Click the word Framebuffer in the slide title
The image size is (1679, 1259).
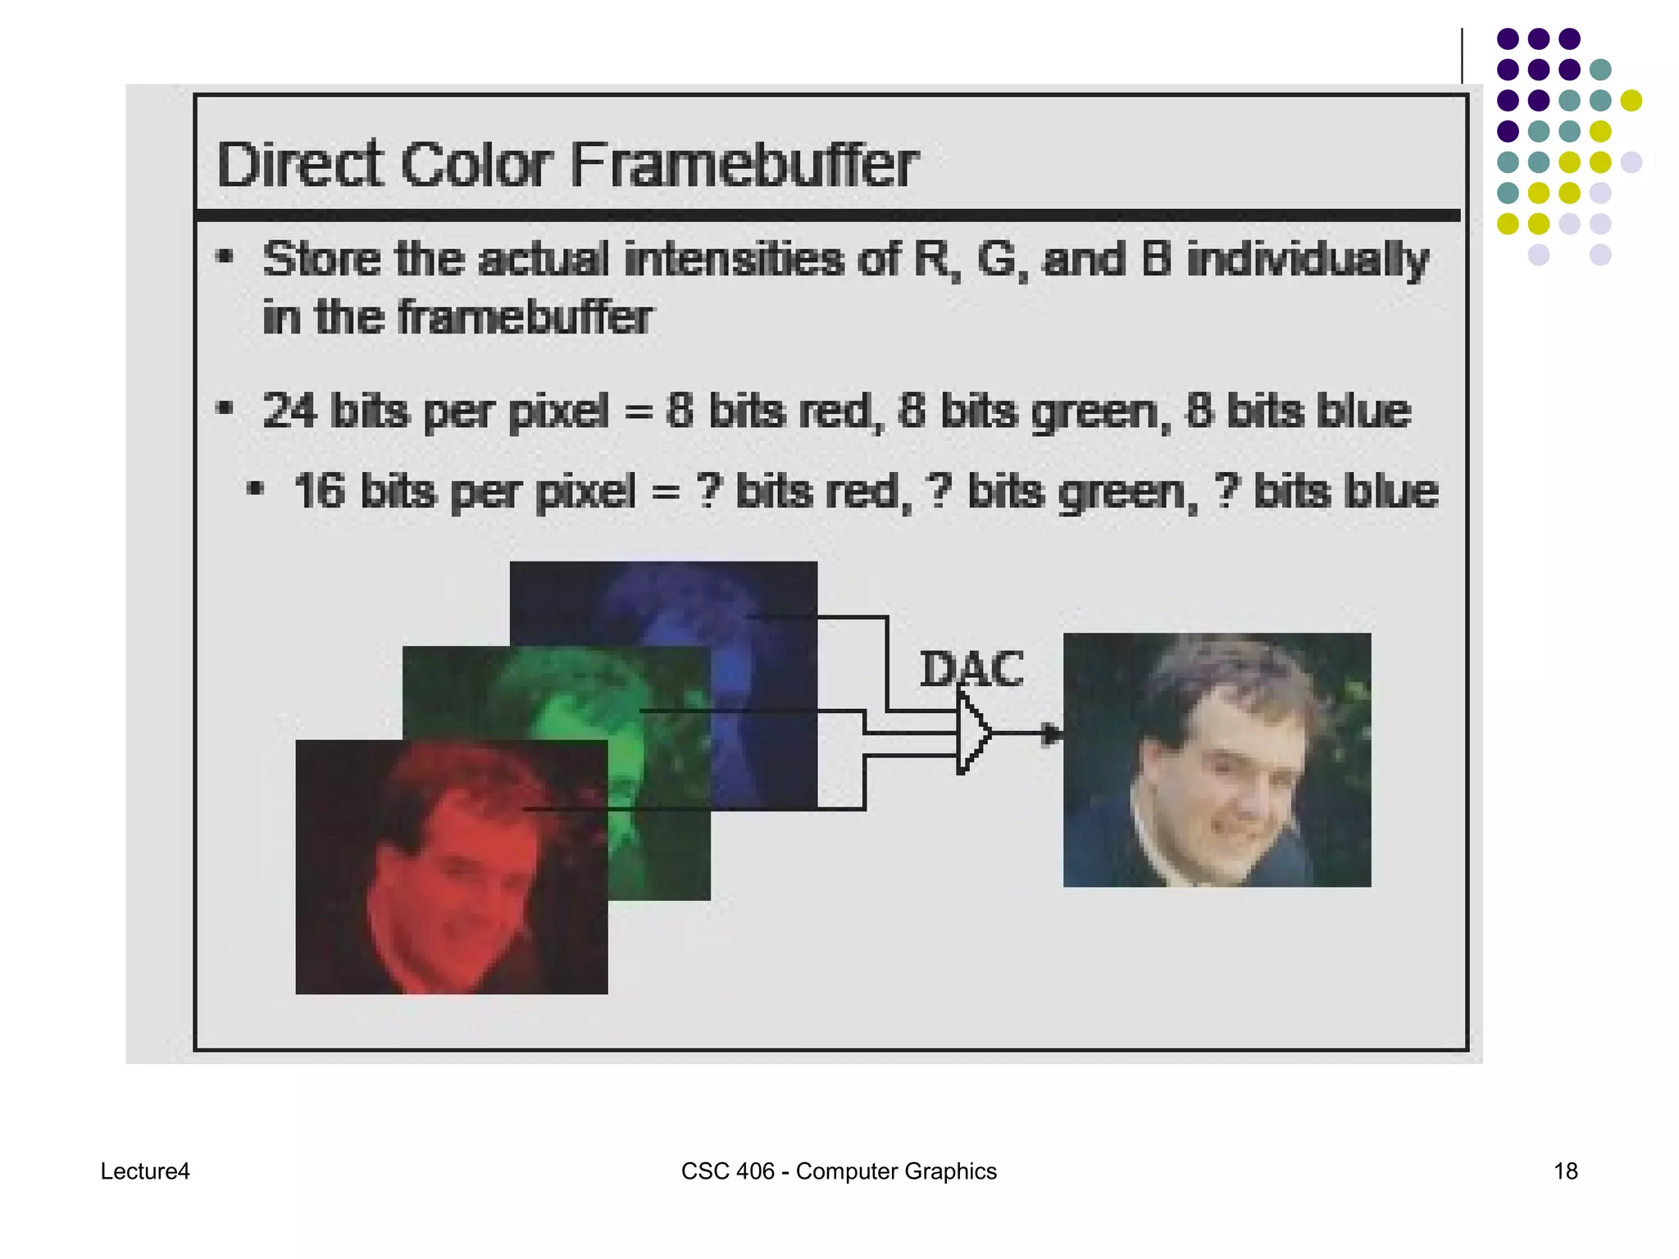point(744,164)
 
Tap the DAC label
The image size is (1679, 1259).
point(971,669)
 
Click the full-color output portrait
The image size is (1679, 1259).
point(1217,759)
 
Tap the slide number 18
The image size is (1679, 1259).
point(1565,1171)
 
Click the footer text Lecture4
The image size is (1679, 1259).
point(145,1171)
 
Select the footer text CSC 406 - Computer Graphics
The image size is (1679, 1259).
point(839,1171)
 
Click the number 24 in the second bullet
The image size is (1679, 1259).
point(289,411)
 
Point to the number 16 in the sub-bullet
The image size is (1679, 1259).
point(320,492)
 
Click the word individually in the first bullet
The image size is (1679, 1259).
point(1308,261)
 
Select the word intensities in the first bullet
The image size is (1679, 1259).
point(734,259)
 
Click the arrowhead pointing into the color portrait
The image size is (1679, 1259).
point(1050,734)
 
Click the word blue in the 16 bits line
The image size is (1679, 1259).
point(1391,492)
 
